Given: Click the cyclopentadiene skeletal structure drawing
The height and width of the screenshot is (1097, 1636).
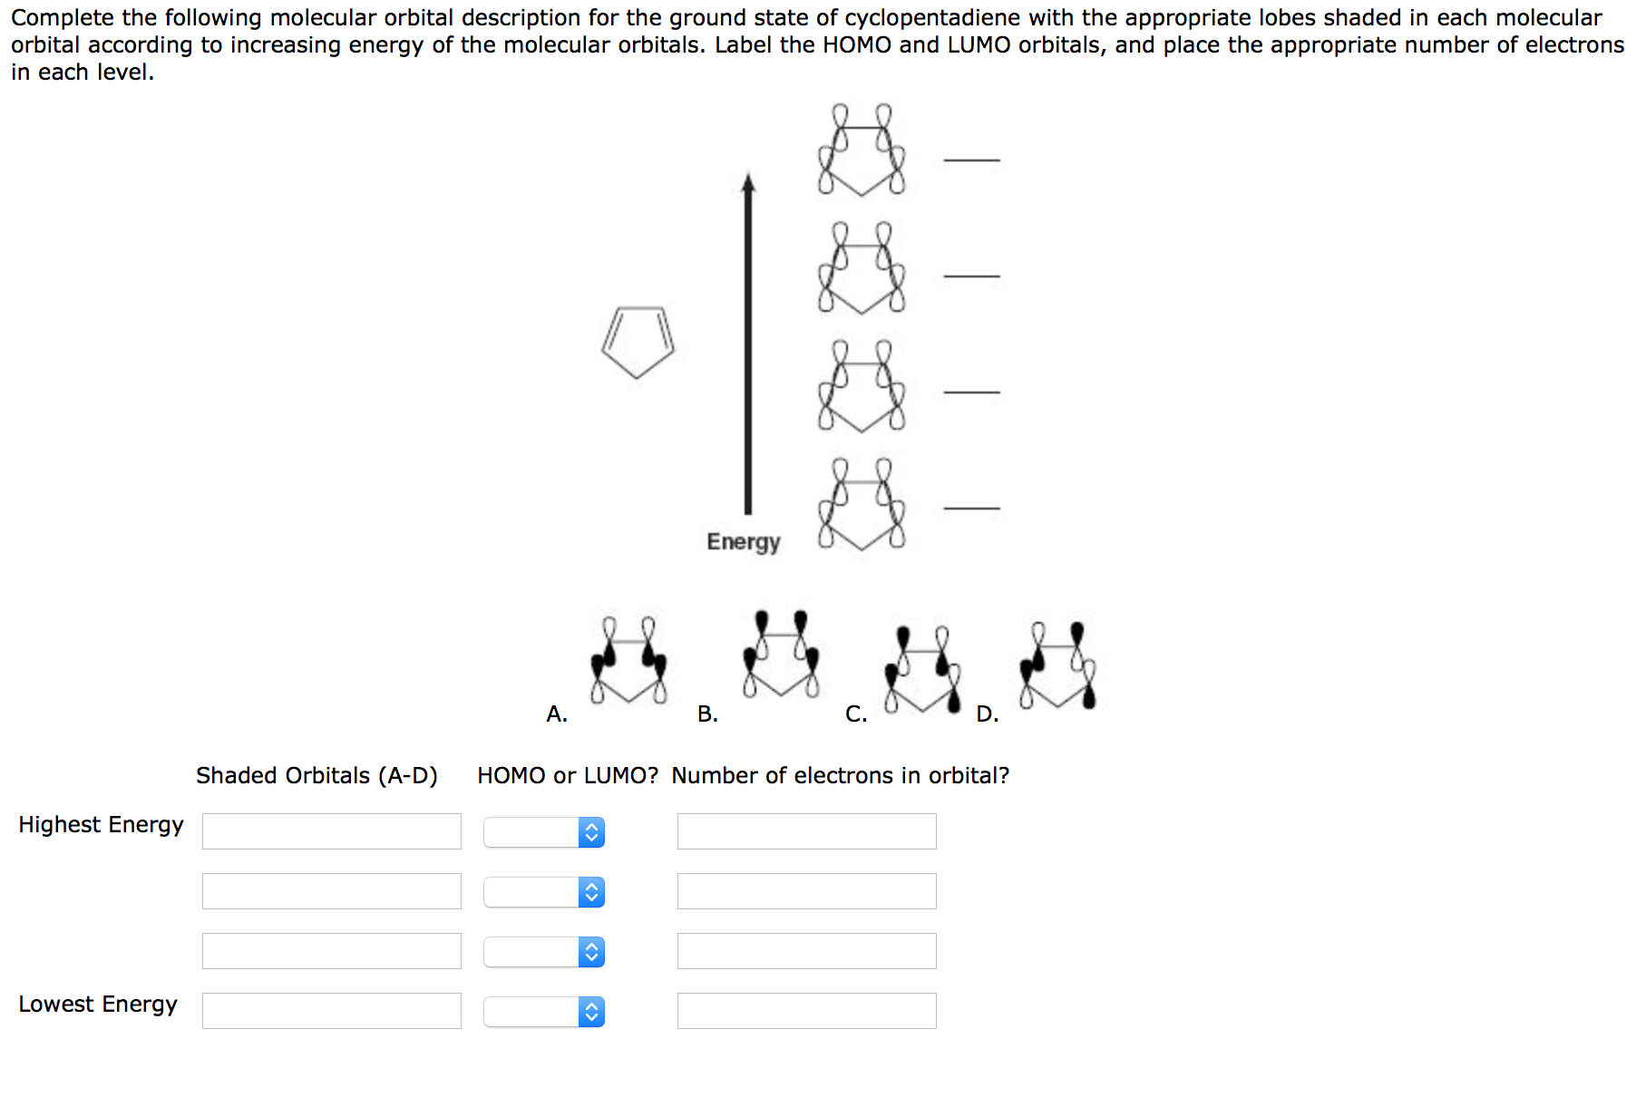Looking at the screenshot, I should click(638, 341).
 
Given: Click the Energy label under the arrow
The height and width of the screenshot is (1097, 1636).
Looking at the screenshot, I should click(743, 541).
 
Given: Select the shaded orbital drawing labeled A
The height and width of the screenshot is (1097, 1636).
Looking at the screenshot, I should click(628, 661).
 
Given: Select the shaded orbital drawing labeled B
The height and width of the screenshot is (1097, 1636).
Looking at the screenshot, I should click(780, 655).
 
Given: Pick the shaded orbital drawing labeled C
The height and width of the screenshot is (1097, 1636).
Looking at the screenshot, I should click(922, 669).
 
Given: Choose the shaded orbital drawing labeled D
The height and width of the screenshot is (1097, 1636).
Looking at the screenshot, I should click(1057, 665).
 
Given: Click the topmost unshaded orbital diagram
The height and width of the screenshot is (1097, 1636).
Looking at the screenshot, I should click(862, 150).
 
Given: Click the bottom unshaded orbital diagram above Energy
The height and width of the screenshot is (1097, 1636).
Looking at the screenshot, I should click(862, 505).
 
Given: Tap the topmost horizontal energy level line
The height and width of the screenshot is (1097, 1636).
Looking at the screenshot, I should click(971, 160).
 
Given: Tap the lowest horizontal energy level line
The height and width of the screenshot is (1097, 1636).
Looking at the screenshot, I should click(971, 509).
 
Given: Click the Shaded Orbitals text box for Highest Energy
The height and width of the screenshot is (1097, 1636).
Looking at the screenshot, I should click(331, 831).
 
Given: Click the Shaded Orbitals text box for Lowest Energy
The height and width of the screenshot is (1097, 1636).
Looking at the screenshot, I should click(331, 1011).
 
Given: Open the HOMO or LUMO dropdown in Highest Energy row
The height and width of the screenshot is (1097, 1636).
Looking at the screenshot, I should click(544, 832).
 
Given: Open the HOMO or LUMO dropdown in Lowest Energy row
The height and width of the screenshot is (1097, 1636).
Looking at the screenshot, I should click(544, 1012).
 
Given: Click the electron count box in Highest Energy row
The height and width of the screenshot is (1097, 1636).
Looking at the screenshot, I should click(806, 831).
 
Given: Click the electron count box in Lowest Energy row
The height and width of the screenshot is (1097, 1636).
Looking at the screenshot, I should click(806, 1011).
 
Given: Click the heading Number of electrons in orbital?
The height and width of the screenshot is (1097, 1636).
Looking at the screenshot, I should click(840, 776).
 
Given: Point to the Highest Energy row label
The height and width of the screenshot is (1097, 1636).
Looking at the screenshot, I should click(101, 825).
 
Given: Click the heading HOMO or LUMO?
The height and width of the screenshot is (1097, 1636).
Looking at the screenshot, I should click(568, 776).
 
